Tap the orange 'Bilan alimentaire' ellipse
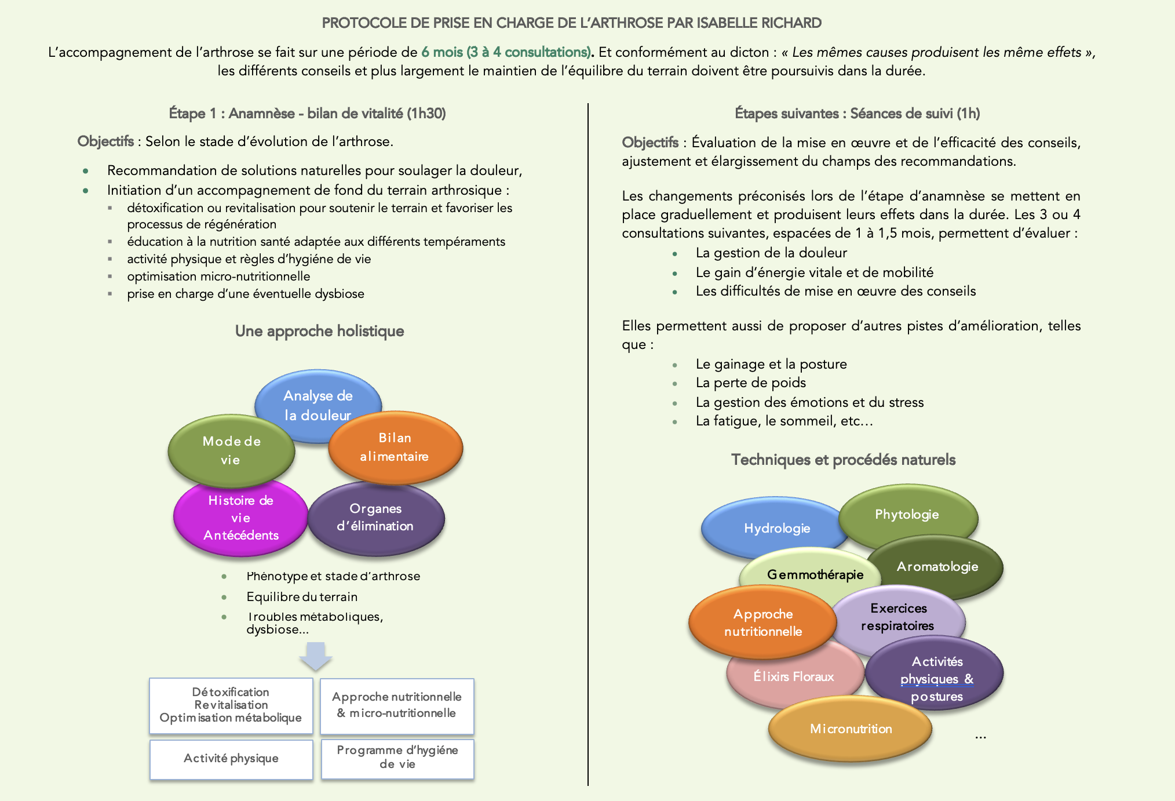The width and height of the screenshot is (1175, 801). point(395,447)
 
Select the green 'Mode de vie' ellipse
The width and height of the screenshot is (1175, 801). point(231,450)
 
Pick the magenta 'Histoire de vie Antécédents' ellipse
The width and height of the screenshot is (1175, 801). point(240,518)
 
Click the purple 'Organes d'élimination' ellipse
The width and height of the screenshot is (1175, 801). point(375,517)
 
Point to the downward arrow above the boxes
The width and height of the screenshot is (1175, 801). point(316,656)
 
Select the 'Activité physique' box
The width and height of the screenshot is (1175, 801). point(231,759)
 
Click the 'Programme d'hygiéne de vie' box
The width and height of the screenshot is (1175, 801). point(397,758)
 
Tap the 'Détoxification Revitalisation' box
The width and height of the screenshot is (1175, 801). point(231,705)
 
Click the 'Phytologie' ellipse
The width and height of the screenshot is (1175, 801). point(907,514)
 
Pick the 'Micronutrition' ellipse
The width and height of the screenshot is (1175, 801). point(851,729)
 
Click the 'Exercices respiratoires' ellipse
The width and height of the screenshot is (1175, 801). point(898,617)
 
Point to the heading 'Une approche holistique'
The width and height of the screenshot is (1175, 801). point(319,331)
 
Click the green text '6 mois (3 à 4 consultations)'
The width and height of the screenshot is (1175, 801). point(506,52)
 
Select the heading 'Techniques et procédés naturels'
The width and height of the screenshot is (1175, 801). point(843,460)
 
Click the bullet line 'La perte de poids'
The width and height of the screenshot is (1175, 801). point(751,383)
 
